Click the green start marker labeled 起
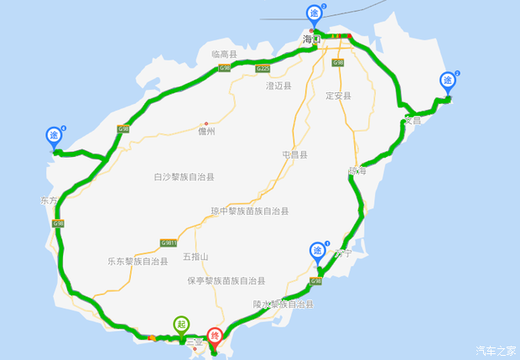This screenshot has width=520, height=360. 181,324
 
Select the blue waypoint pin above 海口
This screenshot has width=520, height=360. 314,13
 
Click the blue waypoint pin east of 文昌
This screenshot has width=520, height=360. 448,81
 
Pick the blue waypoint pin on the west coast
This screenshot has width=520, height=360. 55,135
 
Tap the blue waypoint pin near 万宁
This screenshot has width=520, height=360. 318,250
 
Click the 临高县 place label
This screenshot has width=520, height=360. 225,54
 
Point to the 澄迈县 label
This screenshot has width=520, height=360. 278,86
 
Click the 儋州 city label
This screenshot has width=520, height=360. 206,132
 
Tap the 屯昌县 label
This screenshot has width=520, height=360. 294,154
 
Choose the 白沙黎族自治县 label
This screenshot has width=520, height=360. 184,177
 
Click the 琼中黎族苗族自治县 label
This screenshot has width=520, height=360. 250,211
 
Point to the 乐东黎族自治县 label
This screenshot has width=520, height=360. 138,261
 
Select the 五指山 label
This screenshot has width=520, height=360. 195,257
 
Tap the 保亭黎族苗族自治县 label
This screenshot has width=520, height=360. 226,280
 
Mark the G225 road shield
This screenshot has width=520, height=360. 263,68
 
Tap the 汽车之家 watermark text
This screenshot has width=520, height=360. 496,350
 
